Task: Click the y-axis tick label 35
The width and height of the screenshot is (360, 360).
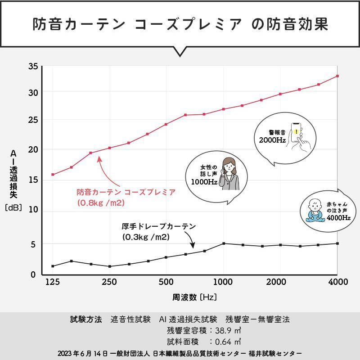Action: (33, 67)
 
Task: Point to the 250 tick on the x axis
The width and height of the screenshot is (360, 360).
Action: (109, 282)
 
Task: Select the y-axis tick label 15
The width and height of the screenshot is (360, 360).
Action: (33, 180)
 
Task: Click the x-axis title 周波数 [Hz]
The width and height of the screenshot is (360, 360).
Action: (195, 297)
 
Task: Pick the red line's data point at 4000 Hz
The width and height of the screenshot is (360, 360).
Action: (337, 76)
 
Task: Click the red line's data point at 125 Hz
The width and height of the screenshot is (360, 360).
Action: (53, 175)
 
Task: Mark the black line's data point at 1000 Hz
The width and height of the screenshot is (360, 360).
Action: (224, 243)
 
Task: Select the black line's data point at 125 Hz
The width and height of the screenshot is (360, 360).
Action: (53, 266)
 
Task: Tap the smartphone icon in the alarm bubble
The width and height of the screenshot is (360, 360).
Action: (297, 134)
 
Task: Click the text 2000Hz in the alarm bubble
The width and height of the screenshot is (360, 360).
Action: (272, 140)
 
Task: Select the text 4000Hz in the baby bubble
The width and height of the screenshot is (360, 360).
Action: (338, 218)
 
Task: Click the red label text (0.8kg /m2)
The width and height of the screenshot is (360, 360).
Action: (100, 203)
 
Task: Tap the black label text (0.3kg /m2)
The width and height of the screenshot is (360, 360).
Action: (145, 236)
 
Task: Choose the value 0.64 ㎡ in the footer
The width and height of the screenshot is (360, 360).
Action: (228, 342)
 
